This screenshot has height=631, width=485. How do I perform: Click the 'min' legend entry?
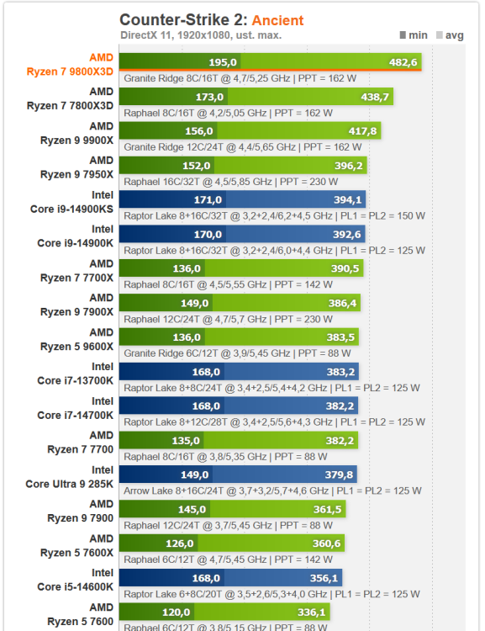point(414,35)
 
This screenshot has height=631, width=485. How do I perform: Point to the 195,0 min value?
point(224,62)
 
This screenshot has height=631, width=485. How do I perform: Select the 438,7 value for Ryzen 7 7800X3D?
point(375,97)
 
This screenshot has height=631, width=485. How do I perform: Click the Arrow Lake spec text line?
point(272,490)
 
